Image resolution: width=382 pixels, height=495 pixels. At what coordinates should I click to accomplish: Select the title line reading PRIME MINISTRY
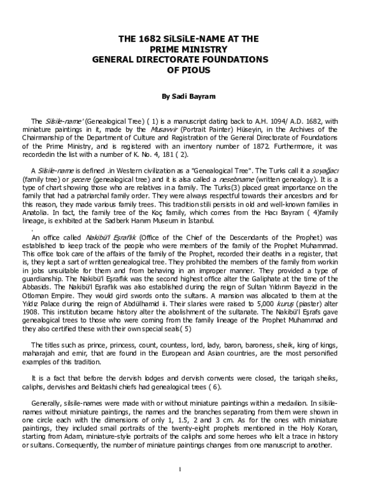[x=191, y=48]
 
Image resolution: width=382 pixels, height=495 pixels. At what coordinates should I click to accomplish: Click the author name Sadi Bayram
[x=191, y=97]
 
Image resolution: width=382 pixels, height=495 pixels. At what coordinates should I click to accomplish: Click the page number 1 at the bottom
[x=180, y=488]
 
